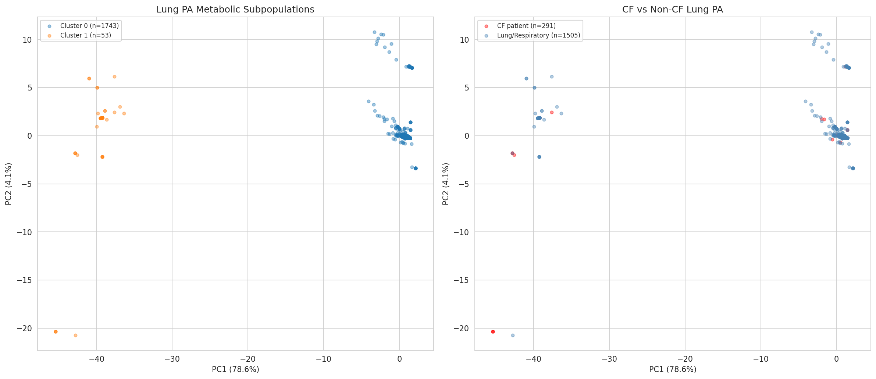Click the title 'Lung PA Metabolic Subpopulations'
235,10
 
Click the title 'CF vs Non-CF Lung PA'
672,10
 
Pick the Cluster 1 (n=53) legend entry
85,35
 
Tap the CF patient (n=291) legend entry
526,26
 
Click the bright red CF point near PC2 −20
493,332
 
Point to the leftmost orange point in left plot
56,332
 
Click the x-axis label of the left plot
235,369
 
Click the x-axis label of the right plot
673,369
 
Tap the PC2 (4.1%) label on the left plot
8,184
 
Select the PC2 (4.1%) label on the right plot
446,184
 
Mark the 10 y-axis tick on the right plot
465,40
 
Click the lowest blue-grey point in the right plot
513,335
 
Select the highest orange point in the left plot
114,77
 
